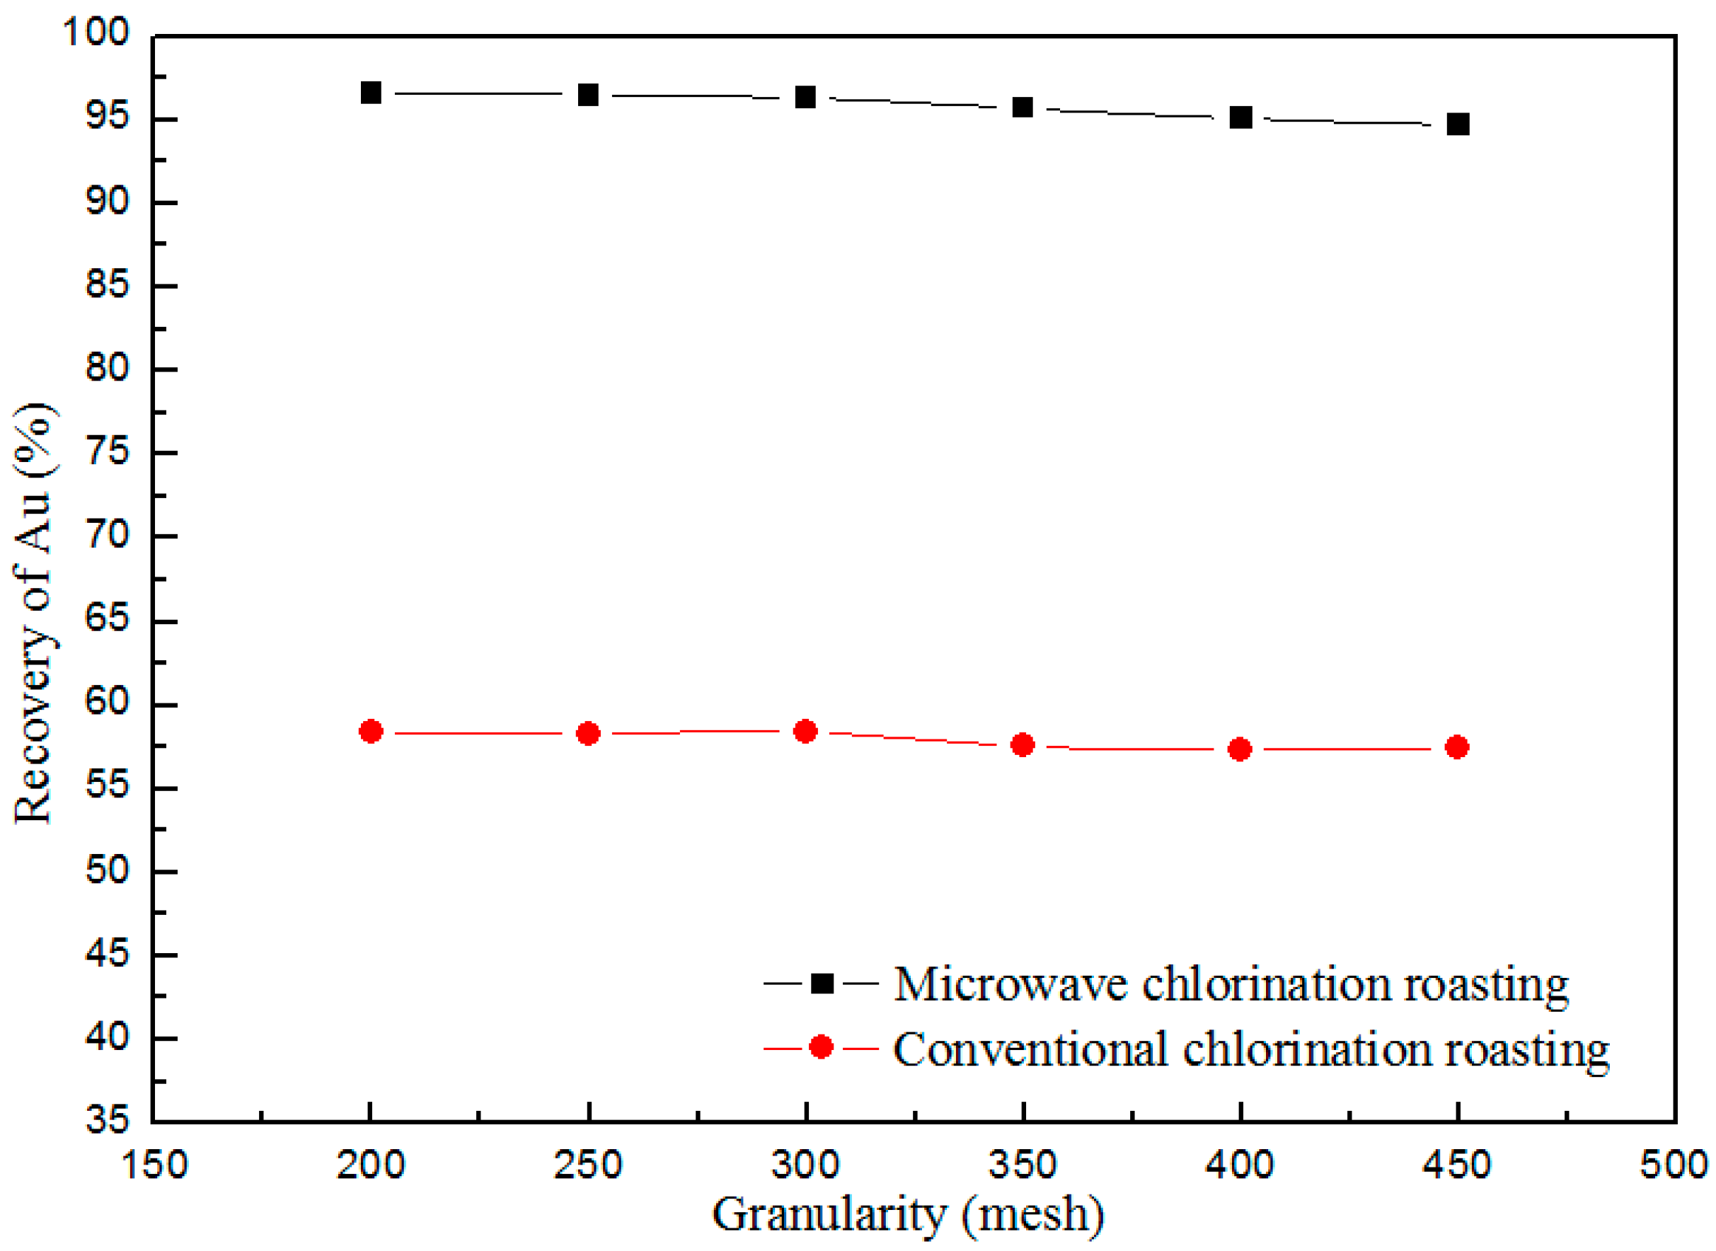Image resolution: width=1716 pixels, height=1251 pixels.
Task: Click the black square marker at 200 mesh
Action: pos(370,93)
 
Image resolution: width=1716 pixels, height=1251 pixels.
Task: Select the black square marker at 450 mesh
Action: pos(1458,125)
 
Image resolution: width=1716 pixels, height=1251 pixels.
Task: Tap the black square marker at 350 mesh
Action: pos(1023,108)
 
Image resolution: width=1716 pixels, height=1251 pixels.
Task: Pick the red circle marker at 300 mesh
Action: pos(805,732)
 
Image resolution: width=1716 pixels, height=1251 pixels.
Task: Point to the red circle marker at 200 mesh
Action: pos(370,732)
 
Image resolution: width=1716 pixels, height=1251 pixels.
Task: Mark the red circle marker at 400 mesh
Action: pos(1240,750)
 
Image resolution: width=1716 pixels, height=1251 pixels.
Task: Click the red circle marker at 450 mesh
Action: pos(1457,747)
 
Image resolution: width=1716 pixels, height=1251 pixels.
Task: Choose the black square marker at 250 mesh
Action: pos(587,96)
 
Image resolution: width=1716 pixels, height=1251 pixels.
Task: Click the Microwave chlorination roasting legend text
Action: pos(1231,984)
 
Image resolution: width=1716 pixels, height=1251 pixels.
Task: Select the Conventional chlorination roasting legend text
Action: pos(1251,1049)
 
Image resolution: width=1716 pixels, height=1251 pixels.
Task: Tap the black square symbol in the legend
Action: pos(822,984)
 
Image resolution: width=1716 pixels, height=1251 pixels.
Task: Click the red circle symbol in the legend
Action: pos(821,1047)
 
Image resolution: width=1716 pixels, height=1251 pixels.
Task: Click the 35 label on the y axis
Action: pos(108,1119)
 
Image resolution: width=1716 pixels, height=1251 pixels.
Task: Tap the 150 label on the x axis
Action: pos(154,1165)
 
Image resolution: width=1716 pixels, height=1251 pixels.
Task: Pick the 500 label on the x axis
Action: pos(1674,1165)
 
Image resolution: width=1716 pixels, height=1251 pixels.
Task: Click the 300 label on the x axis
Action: pos(805,1165)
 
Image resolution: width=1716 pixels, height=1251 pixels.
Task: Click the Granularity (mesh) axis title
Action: pos(907,1216)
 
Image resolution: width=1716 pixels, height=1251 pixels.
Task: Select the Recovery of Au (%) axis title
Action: pos(34,613)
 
